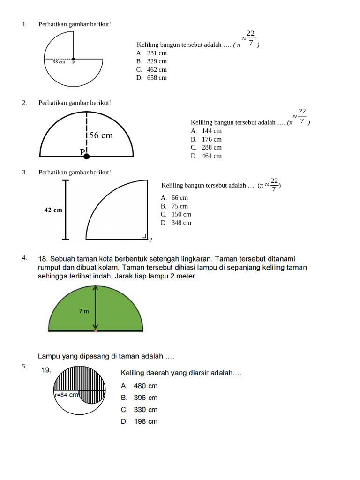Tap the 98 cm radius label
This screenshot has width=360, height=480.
pos(59,62)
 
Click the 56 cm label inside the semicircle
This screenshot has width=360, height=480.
pos(101,135)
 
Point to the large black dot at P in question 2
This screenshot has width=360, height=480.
pos(87,156)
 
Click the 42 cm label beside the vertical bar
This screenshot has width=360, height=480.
pos(53,210)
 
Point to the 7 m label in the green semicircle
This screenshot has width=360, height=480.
pos(83,311)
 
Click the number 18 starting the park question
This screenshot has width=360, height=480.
pos(43,258)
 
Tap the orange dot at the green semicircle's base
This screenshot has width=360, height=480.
pos(96,331)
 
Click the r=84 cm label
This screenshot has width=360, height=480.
pos(66,395)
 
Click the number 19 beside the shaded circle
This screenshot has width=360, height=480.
pos(46,370)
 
